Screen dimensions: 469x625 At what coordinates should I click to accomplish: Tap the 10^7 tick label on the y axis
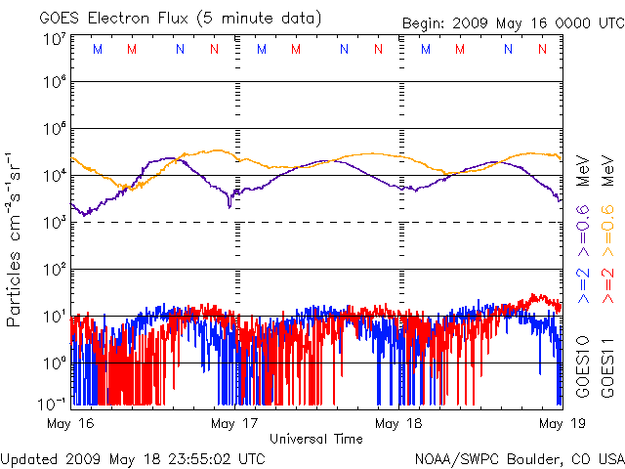click(54, 40)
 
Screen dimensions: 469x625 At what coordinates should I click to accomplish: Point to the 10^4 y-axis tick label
click(54, 175)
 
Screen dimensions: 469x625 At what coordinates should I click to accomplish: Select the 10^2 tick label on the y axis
click(54, 269)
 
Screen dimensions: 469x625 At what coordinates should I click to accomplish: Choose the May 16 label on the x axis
click(70, 423)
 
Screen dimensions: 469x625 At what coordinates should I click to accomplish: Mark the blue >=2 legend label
click(583, 283)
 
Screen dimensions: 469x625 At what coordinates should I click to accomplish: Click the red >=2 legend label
click(606, 283)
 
